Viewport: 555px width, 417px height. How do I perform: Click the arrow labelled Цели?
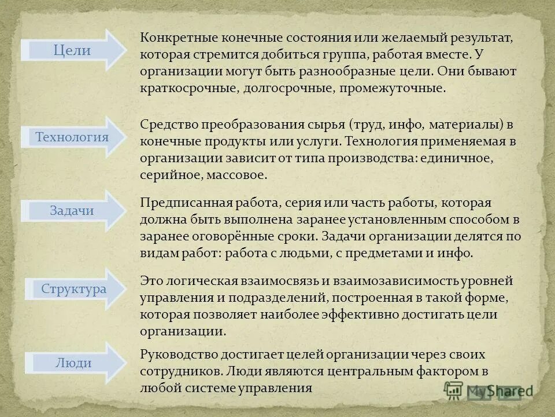72,50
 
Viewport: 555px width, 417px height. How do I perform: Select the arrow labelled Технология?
72,137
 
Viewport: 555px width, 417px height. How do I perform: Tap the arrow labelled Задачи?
72,211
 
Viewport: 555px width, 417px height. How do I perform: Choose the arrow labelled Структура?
73,289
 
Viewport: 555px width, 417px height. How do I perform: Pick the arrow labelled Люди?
73,363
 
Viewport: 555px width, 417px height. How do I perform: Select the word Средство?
168,125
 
